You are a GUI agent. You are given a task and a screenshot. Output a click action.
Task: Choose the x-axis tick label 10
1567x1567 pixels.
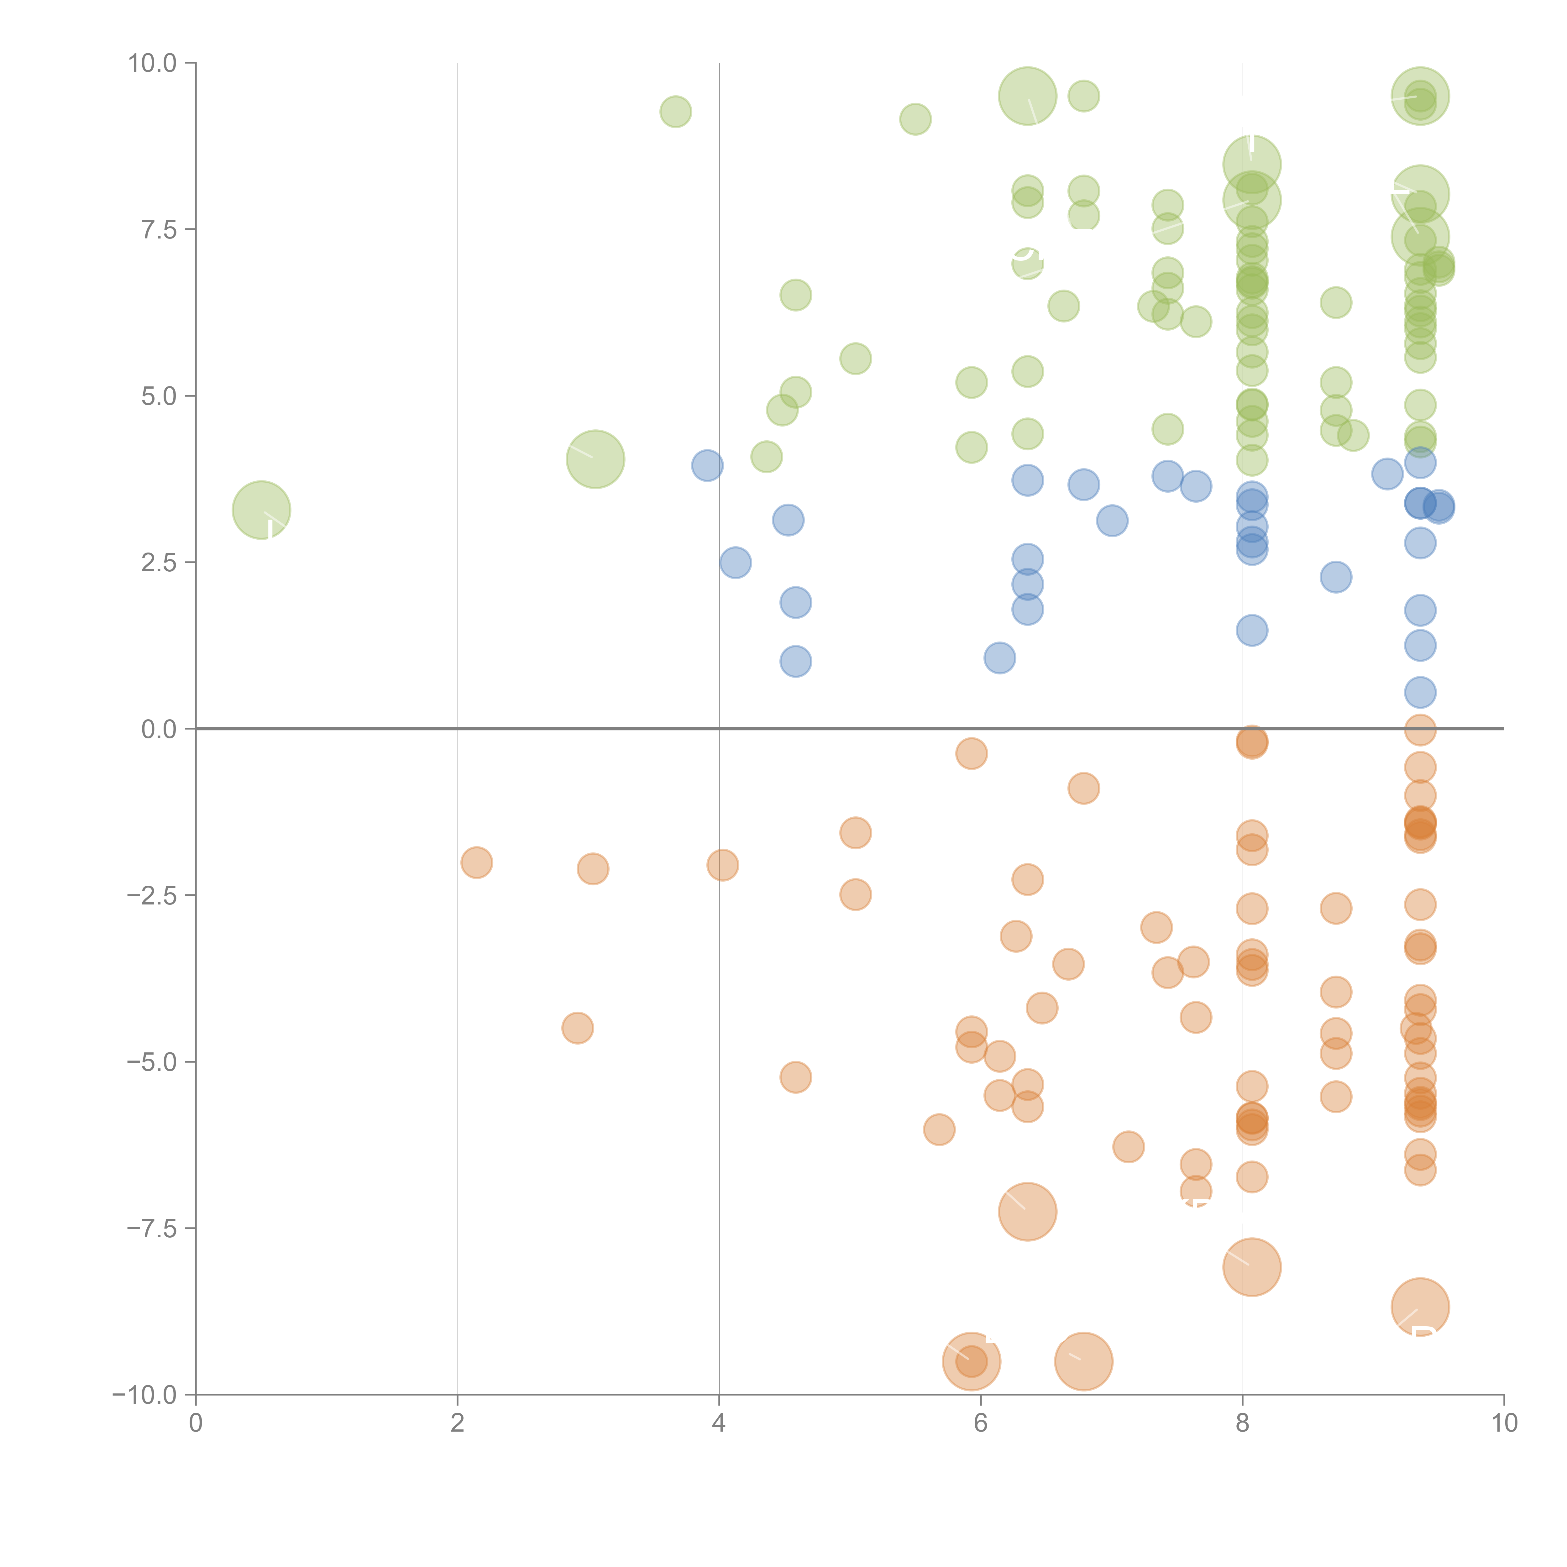click(1504, 1423)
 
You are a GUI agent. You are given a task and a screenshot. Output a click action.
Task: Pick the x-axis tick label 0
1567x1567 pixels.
click(196, 1423)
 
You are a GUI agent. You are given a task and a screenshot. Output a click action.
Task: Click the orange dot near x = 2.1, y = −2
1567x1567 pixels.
click(476, 862)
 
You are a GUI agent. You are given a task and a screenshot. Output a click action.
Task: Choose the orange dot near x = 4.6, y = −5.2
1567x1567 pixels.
click(796, 1077)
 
